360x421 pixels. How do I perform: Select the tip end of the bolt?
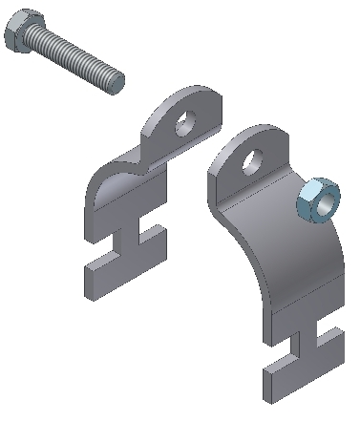[118, 81]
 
